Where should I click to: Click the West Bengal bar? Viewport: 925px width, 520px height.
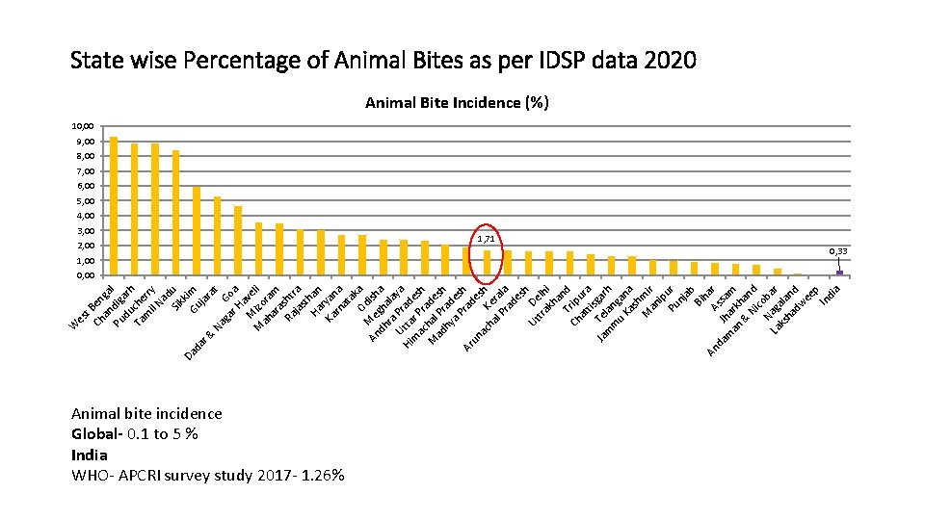click(x=114, y=206)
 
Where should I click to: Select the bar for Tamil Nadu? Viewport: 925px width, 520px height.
click(x=175, y=213)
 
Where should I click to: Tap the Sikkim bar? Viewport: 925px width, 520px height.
click(x=197, y=231)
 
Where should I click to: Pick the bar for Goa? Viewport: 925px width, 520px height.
click(x=238, y=241)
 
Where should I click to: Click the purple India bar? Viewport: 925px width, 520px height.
click(x=840, y=273)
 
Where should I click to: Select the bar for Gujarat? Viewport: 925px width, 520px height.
click(x=217, y=236)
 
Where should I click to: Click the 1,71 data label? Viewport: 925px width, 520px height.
click(x=488, y=238)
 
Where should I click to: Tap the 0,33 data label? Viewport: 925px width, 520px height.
click(x=839, y=251)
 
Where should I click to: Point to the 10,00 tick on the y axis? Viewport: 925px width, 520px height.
click(x=83, y=126)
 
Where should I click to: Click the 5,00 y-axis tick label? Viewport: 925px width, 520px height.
click(x=83, y=200)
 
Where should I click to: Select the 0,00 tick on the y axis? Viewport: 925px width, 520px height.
click(x=83, y=275)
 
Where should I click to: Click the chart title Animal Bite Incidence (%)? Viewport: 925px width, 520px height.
click(x=457, y=103)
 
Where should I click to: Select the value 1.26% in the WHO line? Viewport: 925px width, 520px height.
click(x=323, y=475)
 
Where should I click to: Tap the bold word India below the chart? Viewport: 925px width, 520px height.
click(x=90, y=455)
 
